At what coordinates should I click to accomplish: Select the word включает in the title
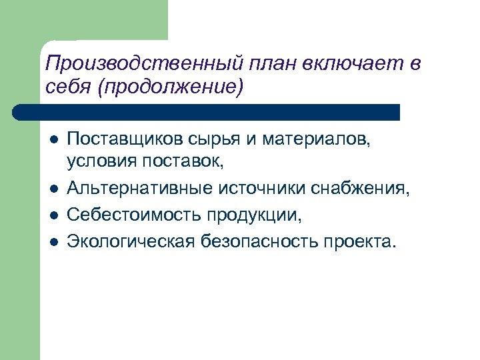point(350,65)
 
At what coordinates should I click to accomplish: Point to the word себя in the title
point(67,87)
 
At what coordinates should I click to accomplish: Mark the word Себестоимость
point(133,215)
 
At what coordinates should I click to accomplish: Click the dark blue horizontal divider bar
point(207,111)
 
